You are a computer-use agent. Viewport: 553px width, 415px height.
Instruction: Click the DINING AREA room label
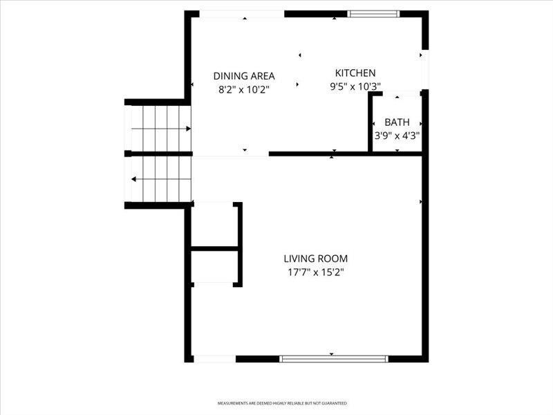tap(244, 76)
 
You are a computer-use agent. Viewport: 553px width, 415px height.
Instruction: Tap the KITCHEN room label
tap(355, 73)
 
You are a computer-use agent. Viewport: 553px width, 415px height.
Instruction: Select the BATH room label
tap(397, 122)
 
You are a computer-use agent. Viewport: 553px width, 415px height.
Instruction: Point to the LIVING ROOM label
tap(316, 259)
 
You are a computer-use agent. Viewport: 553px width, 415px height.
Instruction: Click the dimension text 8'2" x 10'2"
tap(244, 90)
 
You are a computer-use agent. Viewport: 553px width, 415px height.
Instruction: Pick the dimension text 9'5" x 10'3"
tap(355, 86)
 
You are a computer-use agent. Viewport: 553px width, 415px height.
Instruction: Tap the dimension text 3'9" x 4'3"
tap(397, 136)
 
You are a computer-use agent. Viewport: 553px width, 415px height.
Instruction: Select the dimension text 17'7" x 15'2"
tap(316, 273)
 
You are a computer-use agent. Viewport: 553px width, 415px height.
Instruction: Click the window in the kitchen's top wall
tap(373, 14)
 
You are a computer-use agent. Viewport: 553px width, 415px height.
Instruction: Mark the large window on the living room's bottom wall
tap(334, 359)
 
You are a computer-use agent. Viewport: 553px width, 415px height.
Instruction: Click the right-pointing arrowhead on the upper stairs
tap(188, 129)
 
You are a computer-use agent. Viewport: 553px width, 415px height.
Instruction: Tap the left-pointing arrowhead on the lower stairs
tap(133, 179)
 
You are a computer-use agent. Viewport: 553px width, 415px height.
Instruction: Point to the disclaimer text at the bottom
tap(282, 403)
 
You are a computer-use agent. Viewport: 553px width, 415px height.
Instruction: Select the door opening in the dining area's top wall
tap(242, 14)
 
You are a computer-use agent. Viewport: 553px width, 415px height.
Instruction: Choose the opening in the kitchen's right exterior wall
tap(425, 70)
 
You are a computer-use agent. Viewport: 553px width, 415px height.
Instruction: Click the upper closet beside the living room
tap(214, 224)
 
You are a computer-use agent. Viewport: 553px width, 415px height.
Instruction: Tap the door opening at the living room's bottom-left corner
tap(215, 359)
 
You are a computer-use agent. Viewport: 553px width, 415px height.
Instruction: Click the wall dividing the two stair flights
tap(159, 154)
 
